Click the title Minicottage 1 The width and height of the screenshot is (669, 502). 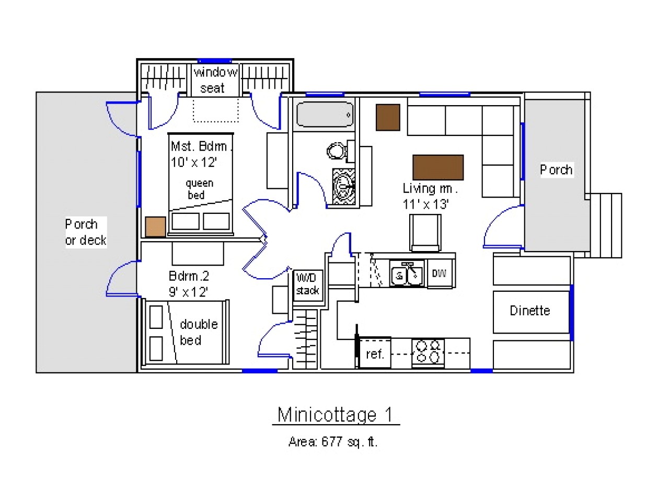pyautogui.click(x=334, y=415)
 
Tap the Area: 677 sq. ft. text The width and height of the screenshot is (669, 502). pyautogui.click(x=333, y=442)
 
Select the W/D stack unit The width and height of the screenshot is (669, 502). pyautogui.click(x=307, y=284)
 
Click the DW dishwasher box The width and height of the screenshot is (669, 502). pyautogui.click(x=439, y=273)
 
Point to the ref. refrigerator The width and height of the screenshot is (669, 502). pyautogui.click(x=375, y=353)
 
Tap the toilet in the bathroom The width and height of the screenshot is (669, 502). pyautogui.click(x=338, y=152)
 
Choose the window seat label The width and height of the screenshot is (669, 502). pyautogui.click(x=215, y=80)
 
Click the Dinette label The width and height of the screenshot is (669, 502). pyautogui.click(x=530, y=311)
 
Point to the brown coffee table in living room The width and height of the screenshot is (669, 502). pyautogui.click(x=438, y=167)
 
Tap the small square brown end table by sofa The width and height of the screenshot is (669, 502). pyautogui.click(x=388, y=118)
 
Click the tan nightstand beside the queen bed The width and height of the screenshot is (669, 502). pyautogui.click(x=155, y=226)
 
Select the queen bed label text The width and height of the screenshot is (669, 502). pyautogui.click(x=199, y=189)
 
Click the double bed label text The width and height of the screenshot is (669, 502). pyautogui.click(x=198, y=332)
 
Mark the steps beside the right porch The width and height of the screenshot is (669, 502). pyautogui.click(x=605, y=225)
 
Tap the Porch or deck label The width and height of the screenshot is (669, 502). pyautogui.click(x=85, y=232)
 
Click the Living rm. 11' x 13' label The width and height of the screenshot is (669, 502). pyautogui.click(x=429, y=196)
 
